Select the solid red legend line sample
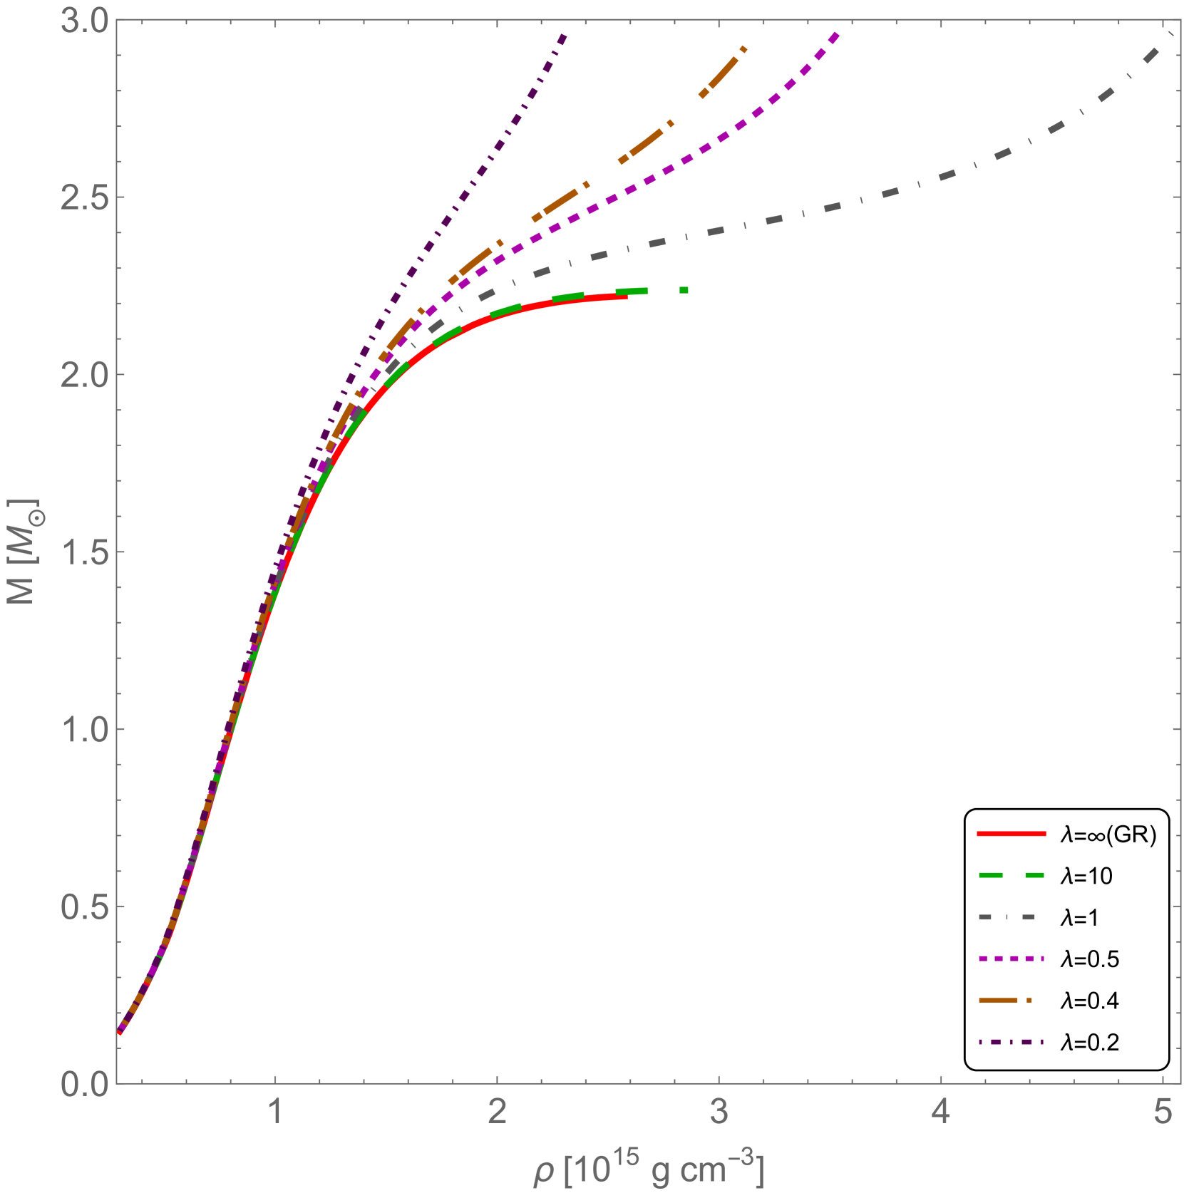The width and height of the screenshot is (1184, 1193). pos(1011,833)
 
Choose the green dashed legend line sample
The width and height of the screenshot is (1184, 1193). pos(1011,875)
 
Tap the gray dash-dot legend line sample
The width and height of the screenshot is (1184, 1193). pos(1007,917)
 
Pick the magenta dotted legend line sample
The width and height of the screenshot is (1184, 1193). pos(1011,959)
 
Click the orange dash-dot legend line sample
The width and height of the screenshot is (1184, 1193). pos(1005,1001)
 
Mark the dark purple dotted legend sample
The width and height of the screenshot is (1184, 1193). pos(1011,1042)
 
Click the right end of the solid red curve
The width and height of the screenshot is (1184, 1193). pos(626,298)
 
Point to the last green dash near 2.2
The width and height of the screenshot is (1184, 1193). pos(684,290)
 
